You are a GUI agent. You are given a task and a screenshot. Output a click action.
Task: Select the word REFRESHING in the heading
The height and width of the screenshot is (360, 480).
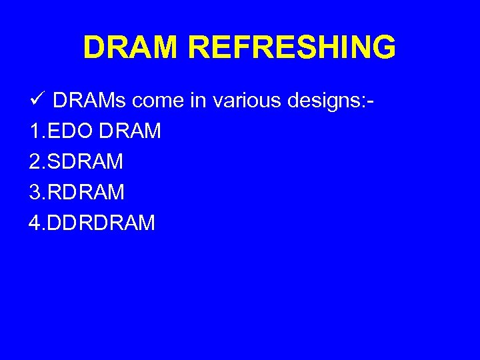pos(292,47)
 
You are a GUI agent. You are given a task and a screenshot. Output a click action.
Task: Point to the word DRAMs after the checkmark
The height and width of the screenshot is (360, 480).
pos(89,101)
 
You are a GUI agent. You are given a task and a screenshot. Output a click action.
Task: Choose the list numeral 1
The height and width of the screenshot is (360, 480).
pos(34,131)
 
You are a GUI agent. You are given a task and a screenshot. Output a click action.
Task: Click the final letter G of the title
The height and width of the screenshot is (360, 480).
pos(384,47)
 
